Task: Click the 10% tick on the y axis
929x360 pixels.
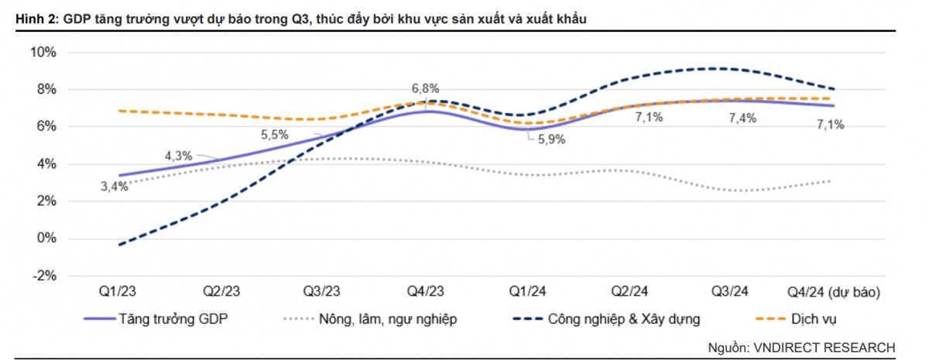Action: pyautogui.click(x=43, y=53)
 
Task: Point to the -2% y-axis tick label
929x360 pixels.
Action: pyautogui.click(x=43, y=276)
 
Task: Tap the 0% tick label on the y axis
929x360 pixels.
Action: pyautogui.click(x=46, y=238)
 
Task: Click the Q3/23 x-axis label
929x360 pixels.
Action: pyautogui.click(x=321, y=292)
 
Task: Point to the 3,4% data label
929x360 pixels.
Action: pyautogui.click(x=113, y=187)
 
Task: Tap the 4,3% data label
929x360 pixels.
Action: pyautogui.click(x=178, y=156)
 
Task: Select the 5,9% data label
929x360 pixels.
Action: pyautogui.click(x=550, y=140)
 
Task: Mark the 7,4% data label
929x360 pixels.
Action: pyautogui.click(x=742, y=118)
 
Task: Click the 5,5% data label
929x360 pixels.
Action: pyautogui.click(x=274, y=134)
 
